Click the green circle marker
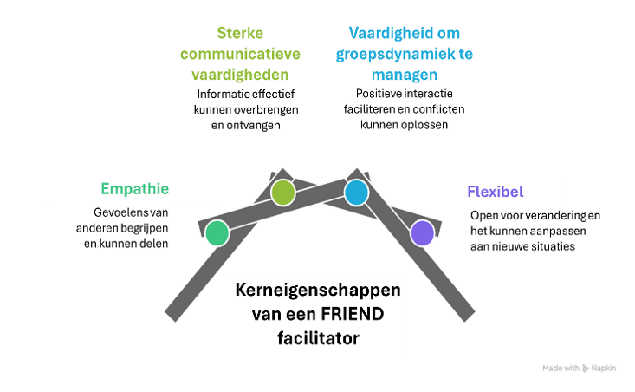click(217, 232)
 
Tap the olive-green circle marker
click(283, 193)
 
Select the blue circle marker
click(356, 193)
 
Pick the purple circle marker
click(422, 232)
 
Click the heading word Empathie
click(134, 189)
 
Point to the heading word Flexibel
click(495, 191)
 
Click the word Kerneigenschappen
click(321, 291)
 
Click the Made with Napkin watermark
click(580, 368)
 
